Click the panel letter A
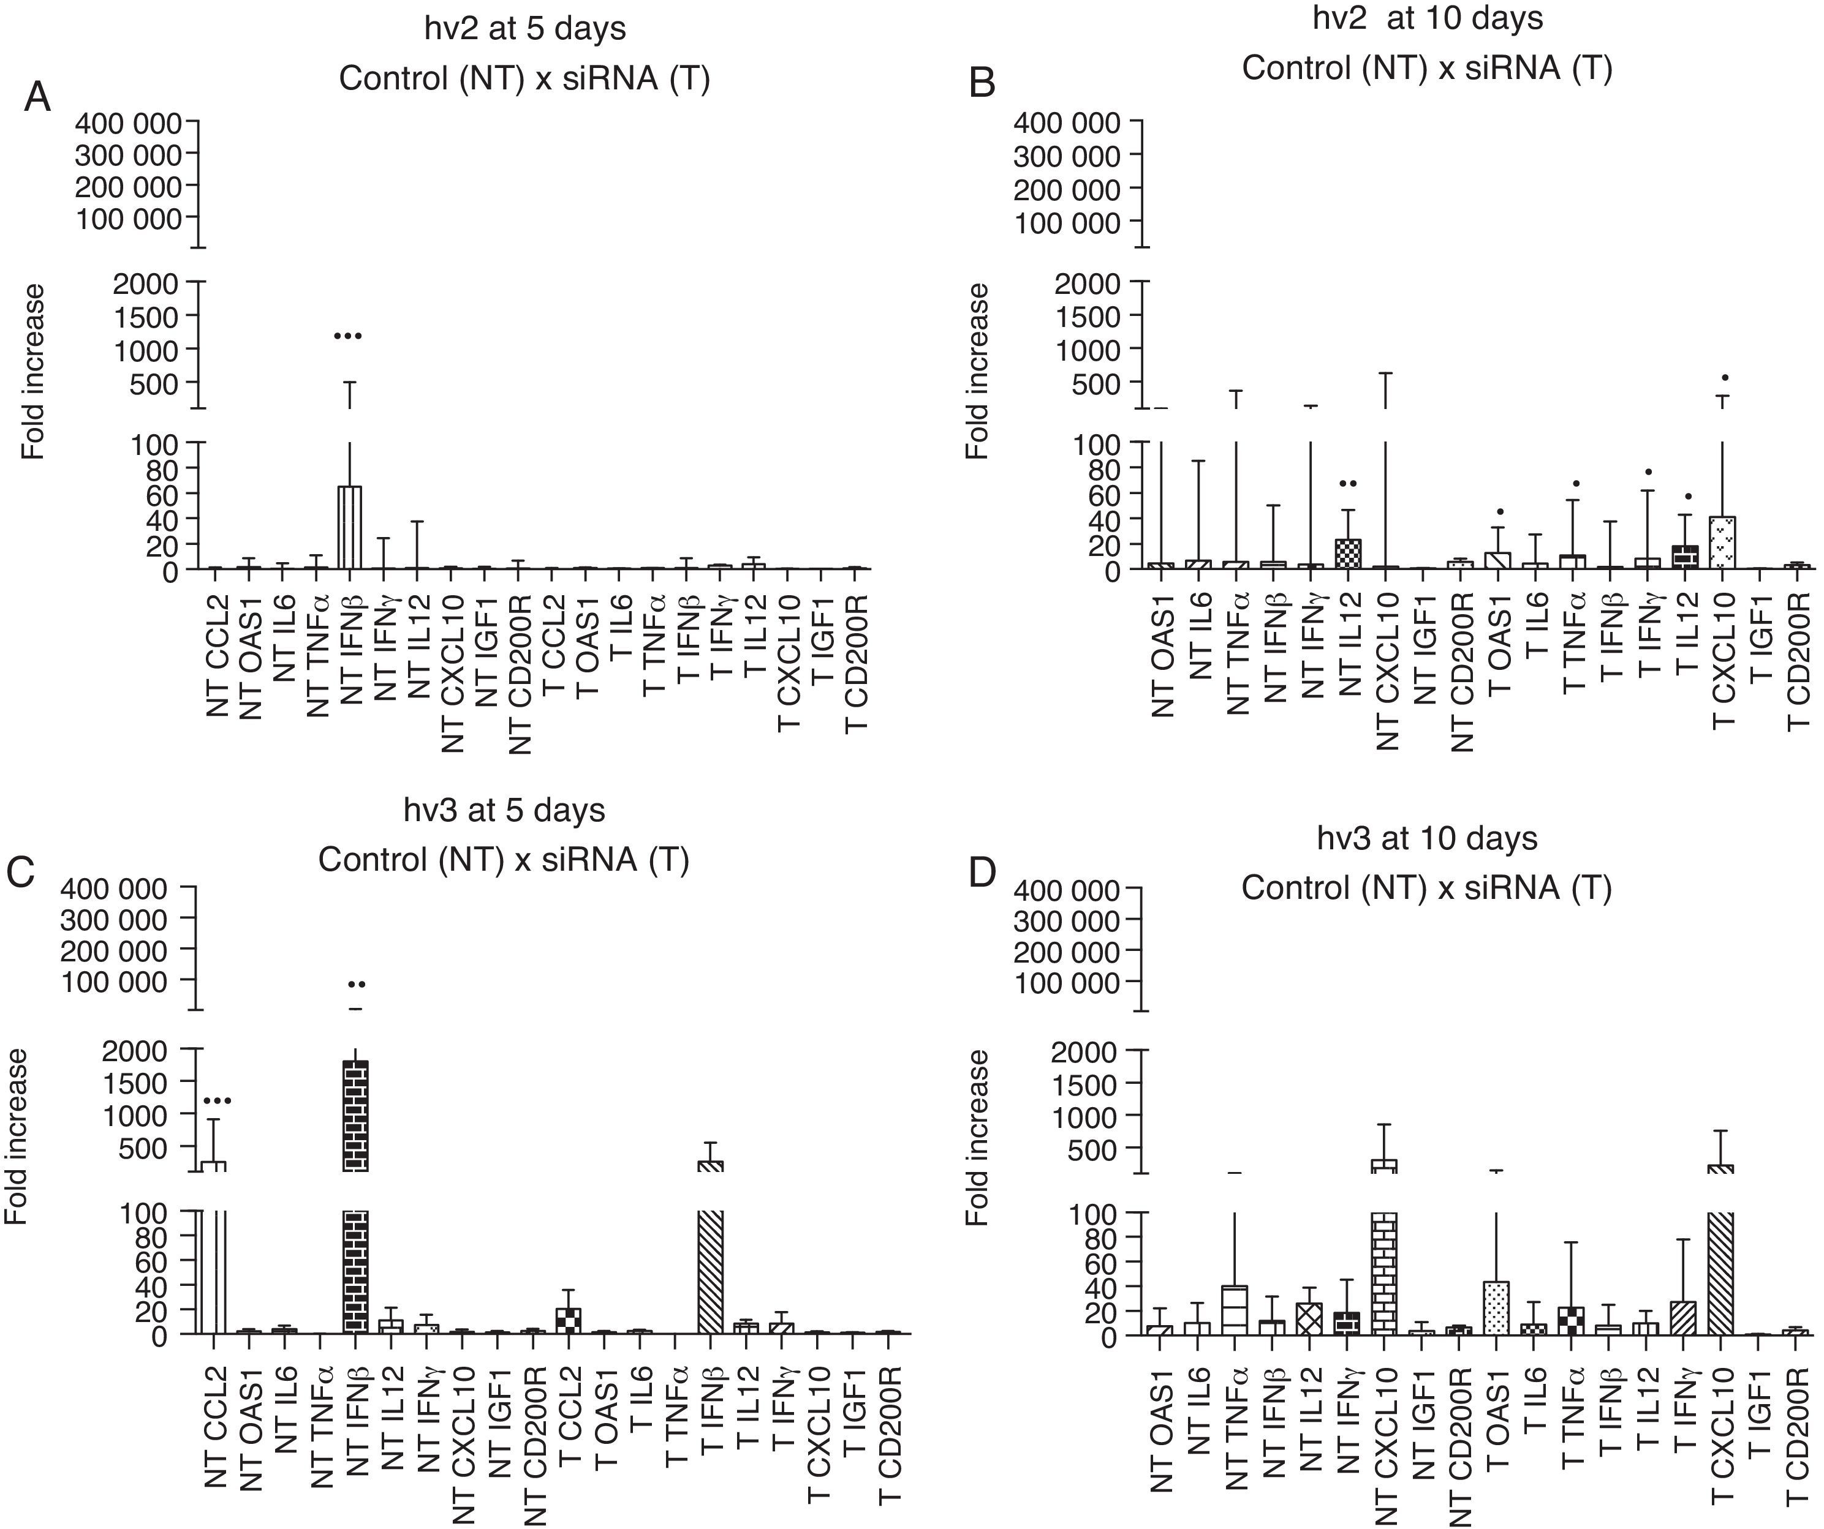tap(37, 97)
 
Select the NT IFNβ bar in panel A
tap(349, 528)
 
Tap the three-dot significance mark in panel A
tap(347, 336)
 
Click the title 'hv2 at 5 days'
tap(524, 29)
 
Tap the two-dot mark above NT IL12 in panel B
tap(1348, 484)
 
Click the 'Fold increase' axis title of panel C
tap(17, 1138)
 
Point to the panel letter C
tap(20, 873)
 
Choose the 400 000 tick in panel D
tap(1067, 890)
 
